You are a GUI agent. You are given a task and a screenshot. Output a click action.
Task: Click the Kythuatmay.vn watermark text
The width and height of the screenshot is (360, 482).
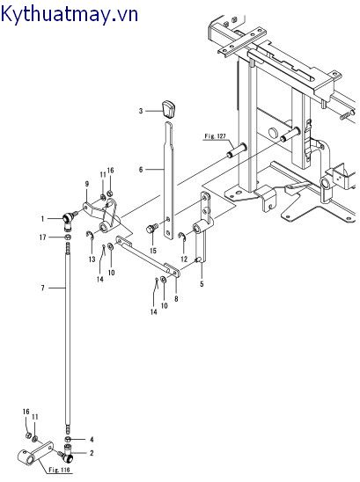[70, 13]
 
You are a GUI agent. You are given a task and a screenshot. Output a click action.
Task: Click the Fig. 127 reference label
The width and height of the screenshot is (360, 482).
[216, 136]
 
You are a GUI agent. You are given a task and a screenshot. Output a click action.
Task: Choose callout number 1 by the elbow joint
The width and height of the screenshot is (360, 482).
[41, 217]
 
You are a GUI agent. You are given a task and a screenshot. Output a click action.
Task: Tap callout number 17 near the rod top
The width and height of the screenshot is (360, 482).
[41, 237]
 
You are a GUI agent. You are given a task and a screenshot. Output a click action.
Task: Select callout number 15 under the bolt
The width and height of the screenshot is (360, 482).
[152, 251]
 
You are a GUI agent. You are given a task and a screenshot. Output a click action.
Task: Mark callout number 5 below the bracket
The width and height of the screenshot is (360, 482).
[202, 284]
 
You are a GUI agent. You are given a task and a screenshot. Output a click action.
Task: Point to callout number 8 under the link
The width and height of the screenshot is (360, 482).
[176, 299]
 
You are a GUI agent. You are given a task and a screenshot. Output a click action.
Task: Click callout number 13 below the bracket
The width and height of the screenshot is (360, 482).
[92, 260]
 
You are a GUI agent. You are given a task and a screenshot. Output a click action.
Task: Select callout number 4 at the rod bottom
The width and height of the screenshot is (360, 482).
[92, 439]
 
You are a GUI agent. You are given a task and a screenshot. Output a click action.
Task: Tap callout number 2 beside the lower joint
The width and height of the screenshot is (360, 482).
[92, 454]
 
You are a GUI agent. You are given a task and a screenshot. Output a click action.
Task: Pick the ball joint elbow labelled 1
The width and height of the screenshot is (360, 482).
[67, 216]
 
